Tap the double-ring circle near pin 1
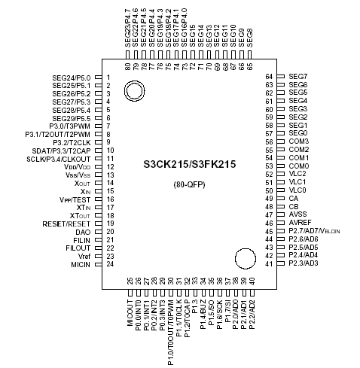[135, 92]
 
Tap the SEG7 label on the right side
[297, 78]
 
